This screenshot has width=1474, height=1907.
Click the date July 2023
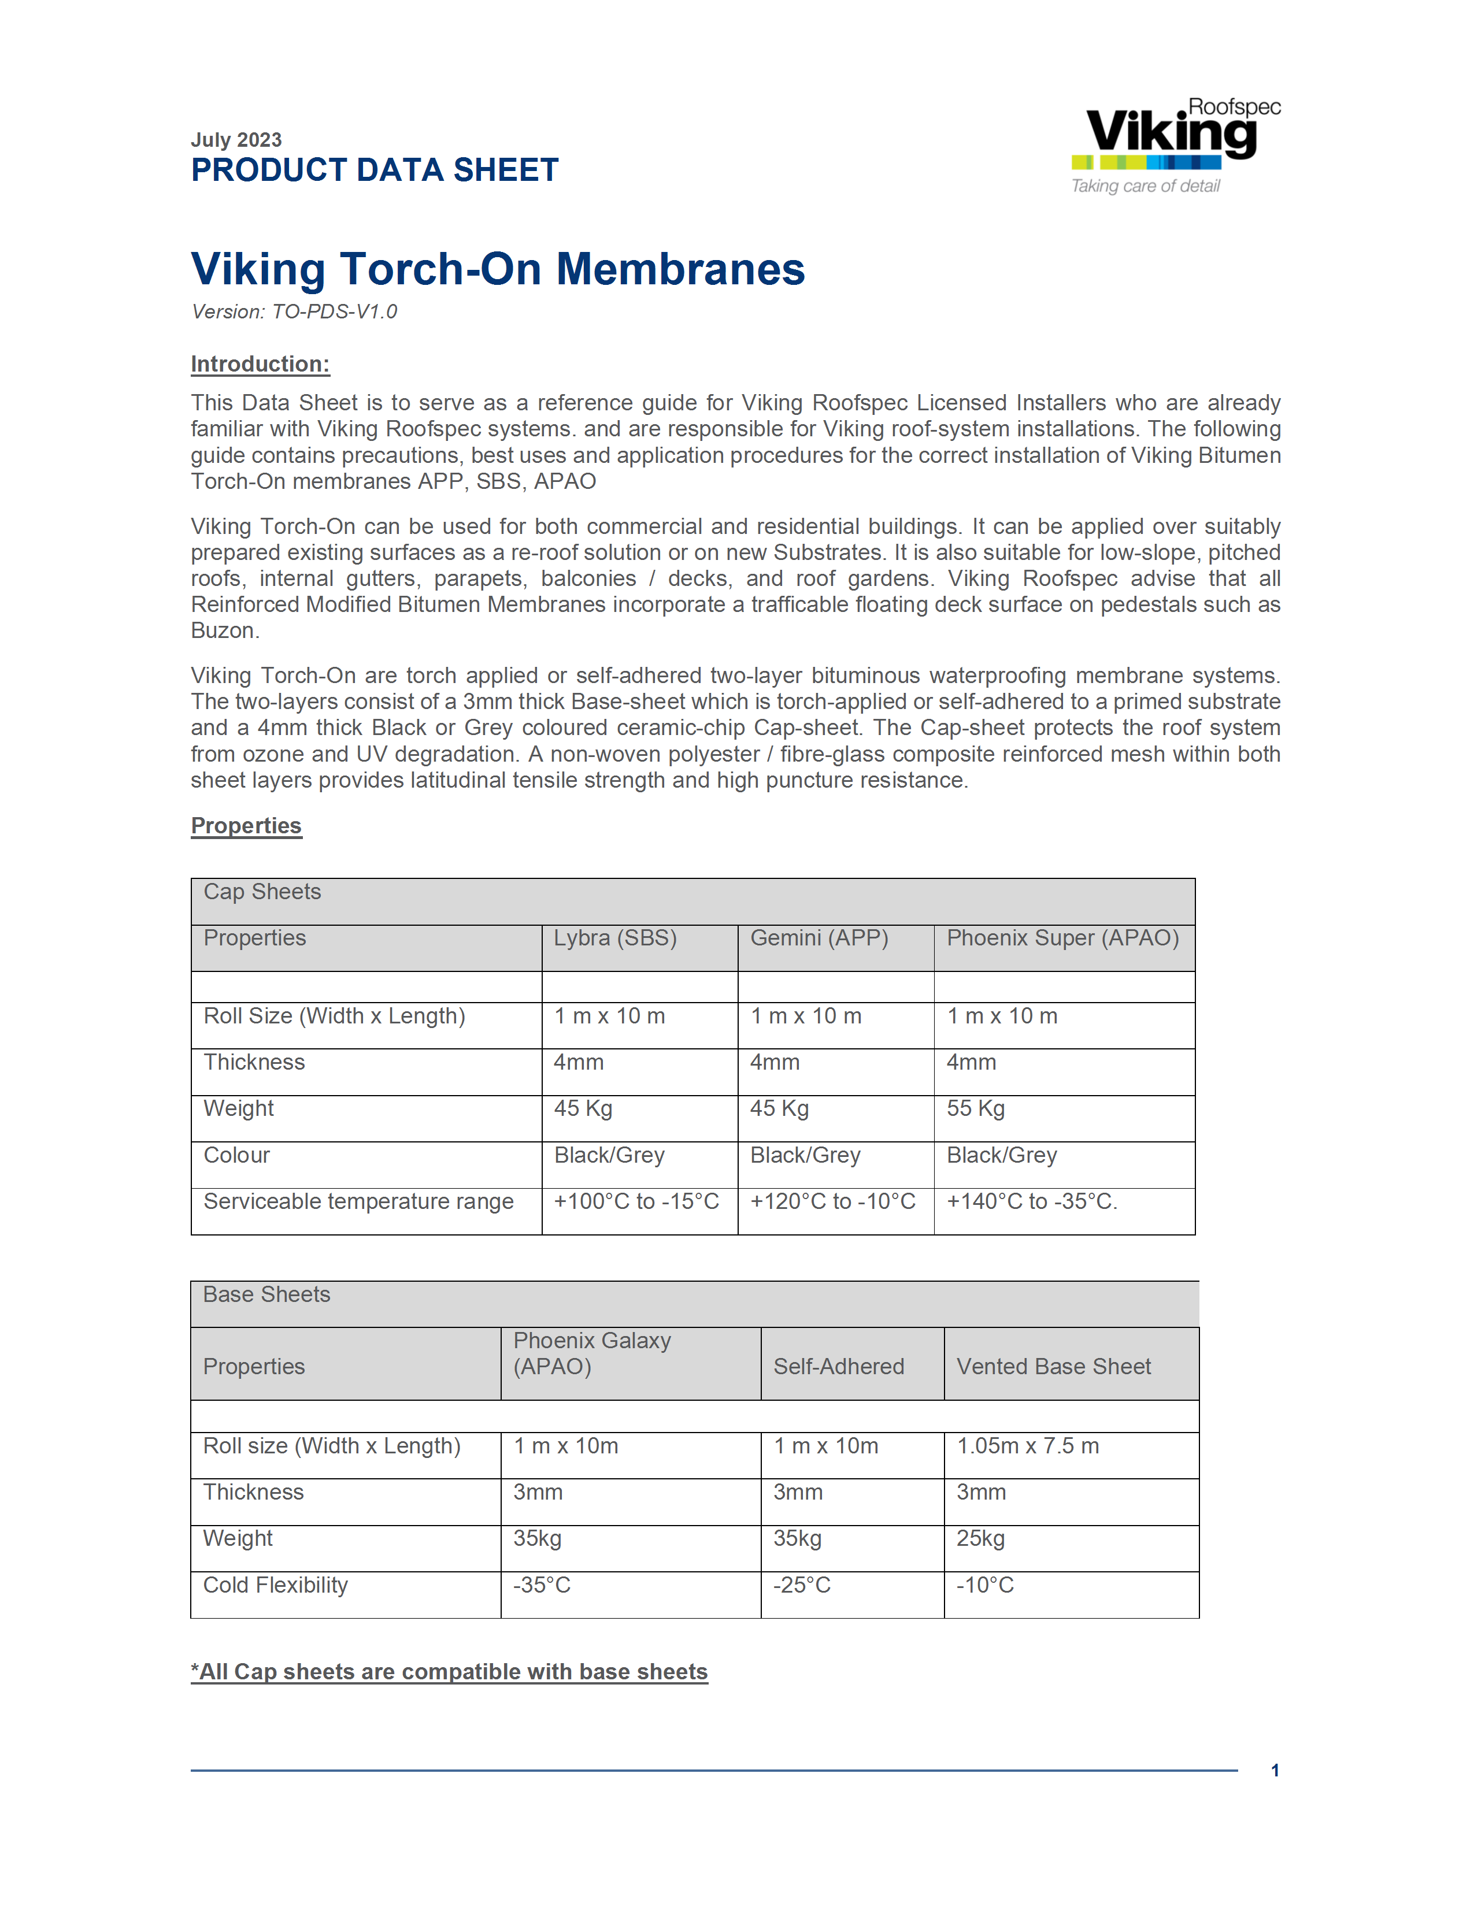tap(236, 140)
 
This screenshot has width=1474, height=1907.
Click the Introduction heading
tap(260, 364)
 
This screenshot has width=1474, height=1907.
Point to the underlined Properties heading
tap(246, 826)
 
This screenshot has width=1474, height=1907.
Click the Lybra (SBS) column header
tap(615, 938)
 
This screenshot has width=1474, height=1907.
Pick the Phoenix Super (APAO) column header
tap(1062, 938)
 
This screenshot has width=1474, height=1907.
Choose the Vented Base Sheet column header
tap(1053, 1367)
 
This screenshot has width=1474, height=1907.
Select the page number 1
tap(1275, 1771)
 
